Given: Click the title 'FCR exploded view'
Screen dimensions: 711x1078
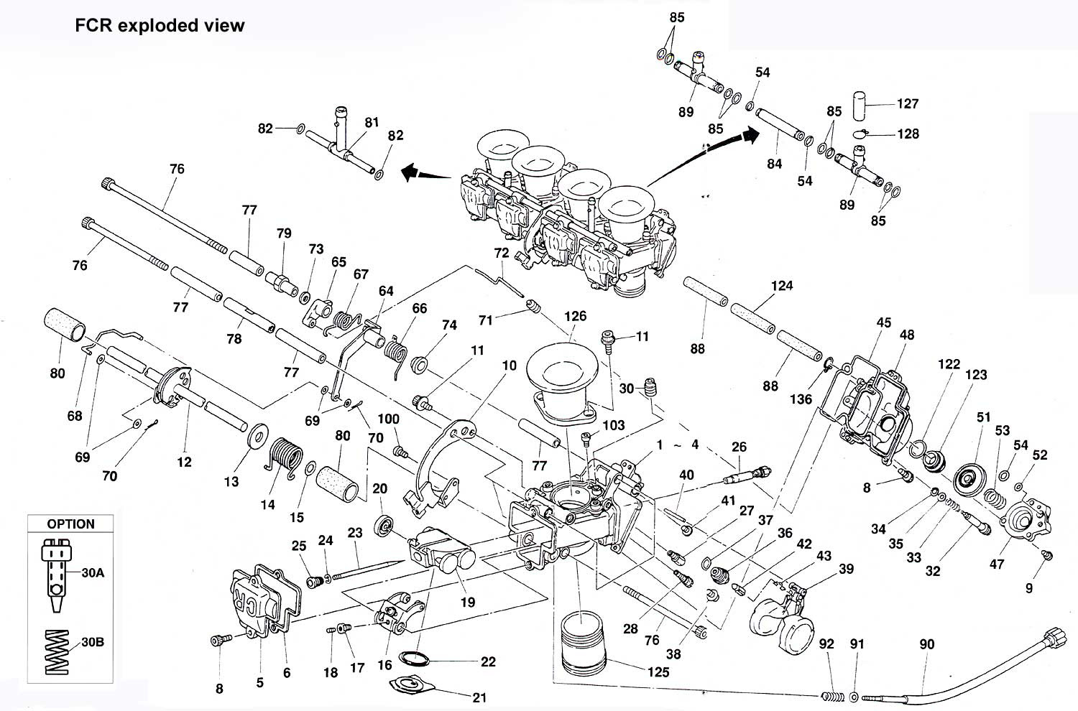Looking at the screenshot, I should tap(160, 26).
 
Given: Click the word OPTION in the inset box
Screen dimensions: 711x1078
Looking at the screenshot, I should tap(70, 524).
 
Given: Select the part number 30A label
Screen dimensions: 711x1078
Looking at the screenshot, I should tap(93, 572).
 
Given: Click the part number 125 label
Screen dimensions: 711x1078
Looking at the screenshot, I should tap(658, 671).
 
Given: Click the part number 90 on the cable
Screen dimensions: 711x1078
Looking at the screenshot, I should tap(927, 644).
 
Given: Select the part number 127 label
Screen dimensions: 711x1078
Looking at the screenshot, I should tap(908, 103).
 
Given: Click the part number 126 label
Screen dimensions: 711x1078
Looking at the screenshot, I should tap(575, 315).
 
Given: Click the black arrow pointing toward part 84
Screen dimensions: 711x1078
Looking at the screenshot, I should tap(750, 134).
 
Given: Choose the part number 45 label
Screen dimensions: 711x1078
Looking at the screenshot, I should tap(884, 322).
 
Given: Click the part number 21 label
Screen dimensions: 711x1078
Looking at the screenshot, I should tap(479, 697).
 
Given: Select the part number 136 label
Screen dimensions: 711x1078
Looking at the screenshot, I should tap(801, 399).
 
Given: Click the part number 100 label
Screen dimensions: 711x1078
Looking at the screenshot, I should tap(388, 419).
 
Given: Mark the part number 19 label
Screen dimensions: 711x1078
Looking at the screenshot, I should tap(468, 602).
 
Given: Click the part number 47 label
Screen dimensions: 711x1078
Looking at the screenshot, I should tap(997, 564).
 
